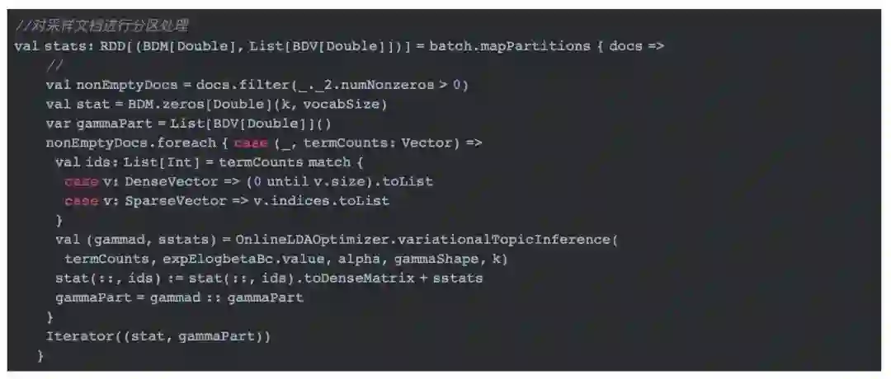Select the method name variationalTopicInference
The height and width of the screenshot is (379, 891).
[509, 240]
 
